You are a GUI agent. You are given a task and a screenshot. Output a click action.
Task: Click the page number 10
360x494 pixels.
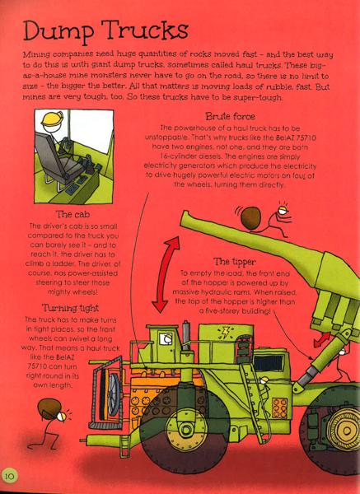click(10, 475)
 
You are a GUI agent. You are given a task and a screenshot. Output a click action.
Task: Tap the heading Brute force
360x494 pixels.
click(230, 117)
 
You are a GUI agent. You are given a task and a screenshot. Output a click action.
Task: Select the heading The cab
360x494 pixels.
click(72, 215)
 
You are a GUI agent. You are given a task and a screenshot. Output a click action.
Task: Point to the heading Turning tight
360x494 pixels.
click(70, 308)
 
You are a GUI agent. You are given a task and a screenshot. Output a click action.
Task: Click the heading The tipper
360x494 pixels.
click(235, 262)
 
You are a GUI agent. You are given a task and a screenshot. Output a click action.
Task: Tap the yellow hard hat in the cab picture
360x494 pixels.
click(52, 119)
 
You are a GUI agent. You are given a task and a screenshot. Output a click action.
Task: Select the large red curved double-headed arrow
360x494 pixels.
click(165, 275)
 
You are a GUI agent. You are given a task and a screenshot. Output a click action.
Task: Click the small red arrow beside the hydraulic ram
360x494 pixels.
click(322, 339)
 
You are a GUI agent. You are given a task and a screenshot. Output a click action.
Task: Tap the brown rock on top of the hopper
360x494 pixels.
click(251, 217)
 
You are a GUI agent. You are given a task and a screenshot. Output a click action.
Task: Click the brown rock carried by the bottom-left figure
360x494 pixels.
click(49, 409)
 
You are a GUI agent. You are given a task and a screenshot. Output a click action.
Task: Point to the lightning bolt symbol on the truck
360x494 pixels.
click(226, 332)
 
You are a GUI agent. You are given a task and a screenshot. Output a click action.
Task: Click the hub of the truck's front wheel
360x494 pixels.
click(185, 428)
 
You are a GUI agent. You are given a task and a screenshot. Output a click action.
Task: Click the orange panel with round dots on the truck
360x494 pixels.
click(279, 408)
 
